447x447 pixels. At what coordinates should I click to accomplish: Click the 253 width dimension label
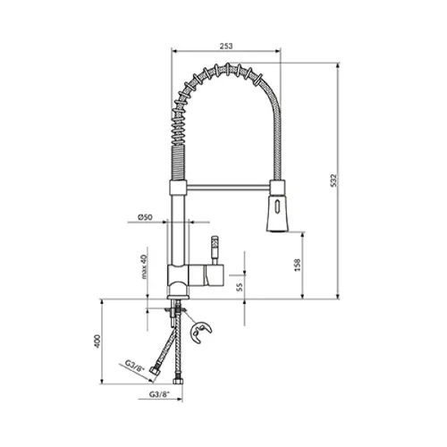click(x=226, y=46)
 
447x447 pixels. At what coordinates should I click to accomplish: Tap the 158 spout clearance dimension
click(x=298, y=265)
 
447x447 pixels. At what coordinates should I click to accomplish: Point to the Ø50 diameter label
click(x=145, y=217)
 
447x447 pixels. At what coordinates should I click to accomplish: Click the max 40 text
click(x=144, y=266)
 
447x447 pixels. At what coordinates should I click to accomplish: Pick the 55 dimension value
click(x=240, y=287)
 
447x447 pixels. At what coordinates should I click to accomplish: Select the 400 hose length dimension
click(x=97, y=342)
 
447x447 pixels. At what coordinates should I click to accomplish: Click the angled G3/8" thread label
click(x=134, y=366)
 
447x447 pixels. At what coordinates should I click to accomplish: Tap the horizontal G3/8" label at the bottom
click(x=159, y=394)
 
